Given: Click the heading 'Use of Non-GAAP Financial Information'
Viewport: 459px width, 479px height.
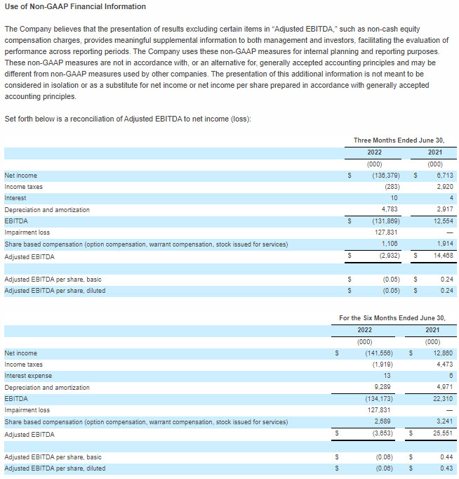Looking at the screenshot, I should pyautogui.click(x=75, y=7).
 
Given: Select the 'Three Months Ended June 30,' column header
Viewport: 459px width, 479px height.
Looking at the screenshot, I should pyautogui.click(x=399, y=140).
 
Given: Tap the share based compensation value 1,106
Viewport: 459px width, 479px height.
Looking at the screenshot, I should pyautogui.click(x=390, y=244).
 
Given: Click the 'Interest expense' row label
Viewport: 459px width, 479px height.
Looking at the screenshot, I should pyautogui.click(x=28, y=376).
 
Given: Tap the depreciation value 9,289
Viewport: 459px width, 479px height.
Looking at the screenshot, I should pyautogui.click(x=383, y=387).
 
